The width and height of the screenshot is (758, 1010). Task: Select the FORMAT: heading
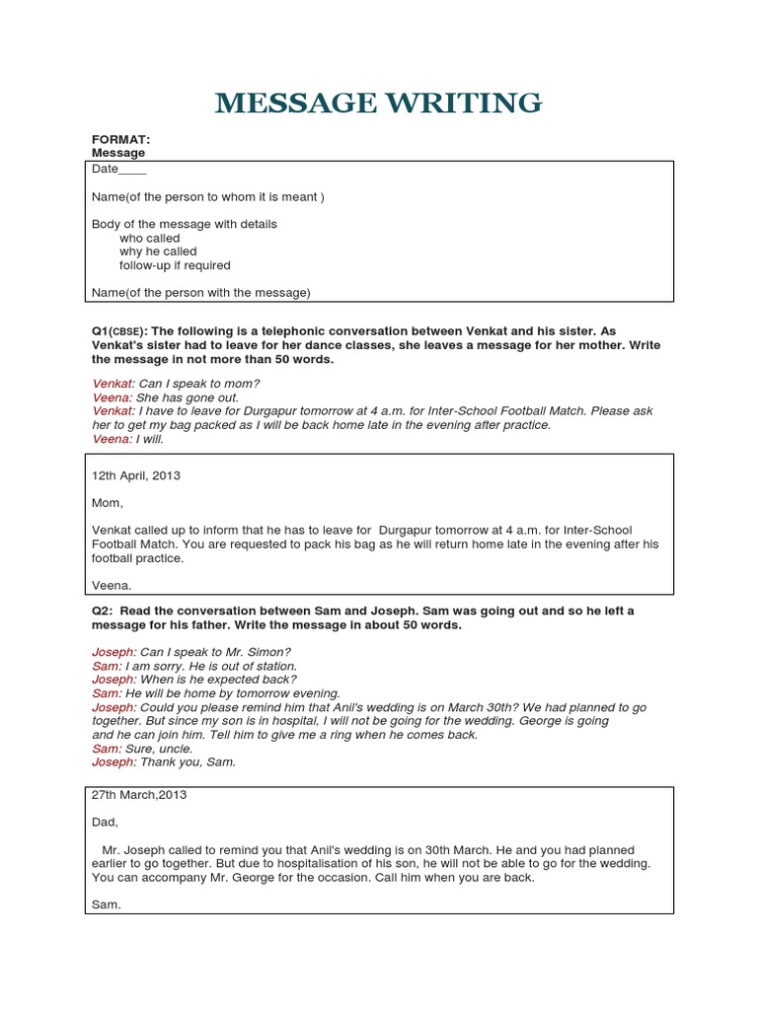120,140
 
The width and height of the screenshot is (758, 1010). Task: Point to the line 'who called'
150,238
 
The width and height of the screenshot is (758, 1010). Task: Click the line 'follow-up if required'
175,265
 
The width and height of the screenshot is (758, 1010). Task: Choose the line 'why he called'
158,252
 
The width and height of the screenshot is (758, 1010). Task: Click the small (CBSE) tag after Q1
127,332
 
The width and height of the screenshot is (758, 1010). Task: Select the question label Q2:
105,611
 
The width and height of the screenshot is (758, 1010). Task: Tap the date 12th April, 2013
136,475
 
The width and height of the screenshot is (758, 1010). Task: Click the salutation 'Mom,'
108,503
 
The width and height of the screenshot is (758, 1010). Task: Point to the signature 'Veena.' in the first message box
111,585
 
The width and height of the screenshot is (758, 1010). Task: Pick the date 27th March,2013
139,794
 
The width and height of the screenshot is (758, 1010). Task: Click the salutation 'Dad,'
105,822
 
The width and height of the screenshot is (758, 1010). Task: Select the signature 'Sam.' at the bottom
106,904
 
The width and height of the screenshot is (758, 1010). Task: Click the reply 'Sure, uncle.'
163,749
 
